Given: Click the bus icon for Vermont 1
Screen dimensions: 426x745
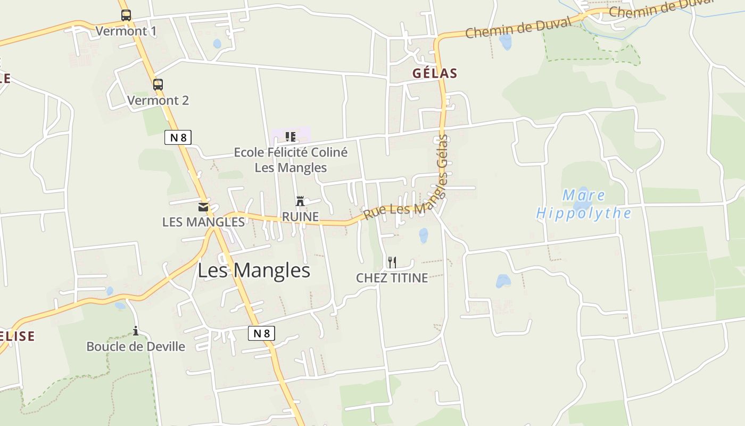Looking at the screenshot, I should [126, 15].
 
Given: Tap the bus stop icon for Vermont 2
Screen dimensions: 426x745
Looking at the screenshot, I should [158, 84].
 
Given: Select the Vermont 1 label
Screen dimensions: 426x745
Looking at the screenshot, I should [126, 31].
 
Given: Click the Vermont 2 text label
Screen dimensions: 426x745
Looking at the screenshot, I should [158, 100].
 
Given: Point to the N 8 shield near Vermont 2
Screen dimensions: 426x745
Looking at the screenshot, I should [178, 137].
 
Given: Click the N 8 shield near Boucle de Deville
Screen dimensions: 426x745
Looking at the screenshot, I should [261, 333].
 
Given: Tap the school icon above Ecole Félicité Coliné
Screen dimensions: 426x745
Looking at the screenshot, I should [290, 137].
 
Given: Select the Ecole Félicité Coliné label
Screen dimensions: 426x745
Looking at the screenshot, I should [291, 152].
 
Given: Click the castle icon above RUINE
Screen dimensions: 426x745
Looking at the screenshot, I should [300, 201].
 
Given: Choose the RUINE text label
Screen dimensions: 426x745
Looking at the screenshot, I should [300, 217].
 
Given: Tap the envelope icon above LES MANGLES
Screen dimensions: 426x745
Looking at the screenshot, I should [203, 207].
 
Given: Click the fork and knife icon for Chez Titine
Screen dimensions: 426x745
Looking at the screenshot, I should [392, 262].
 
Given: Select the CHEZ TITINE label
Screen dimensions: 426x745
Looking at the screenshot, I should [392, 278].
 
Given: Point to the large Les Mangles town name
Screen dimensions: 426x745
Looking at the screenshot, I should [254, 271].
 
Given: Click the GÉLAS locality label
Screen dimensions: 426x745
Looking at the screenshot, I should [435, 73].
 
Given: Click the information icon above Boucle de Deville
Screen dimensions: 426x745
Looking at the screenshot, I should [136, 331].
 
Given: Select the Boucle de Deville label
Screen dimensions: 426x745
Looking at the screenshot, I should [136, 347].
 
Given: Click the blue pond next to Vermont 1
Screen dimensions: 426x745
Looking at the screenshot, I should [217, 43].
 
